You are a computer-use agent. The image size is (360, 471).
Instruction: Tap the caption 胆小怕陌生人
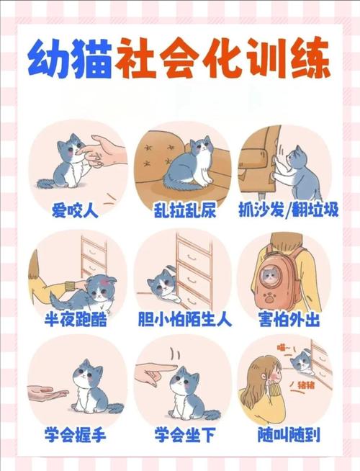tap(184, 318)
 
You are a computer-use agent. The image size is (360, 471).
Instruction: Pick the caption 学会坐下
tap(182, 434)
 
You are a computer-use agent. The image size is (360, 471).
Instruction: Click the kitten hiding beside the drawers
tap(164, 286)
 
